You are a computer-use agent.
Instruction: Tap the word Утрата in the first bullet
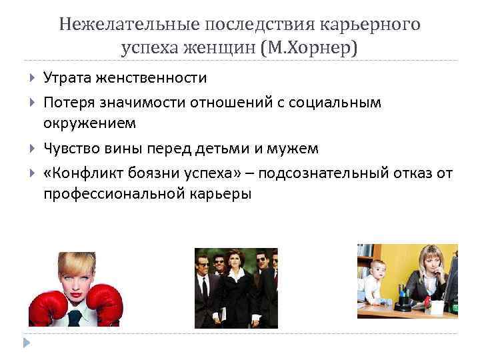click(x=69, y=78)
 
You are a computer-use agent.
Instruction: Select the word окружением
click(x=89, y=123)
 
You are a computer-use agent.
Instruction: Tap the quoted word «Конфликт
click(x=84, y=173)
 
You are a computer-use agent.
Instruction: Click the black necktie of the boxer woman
click(x=77, y=317)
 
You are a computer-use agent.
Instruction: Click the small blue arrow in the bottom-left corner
click(x=27, y=343)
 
